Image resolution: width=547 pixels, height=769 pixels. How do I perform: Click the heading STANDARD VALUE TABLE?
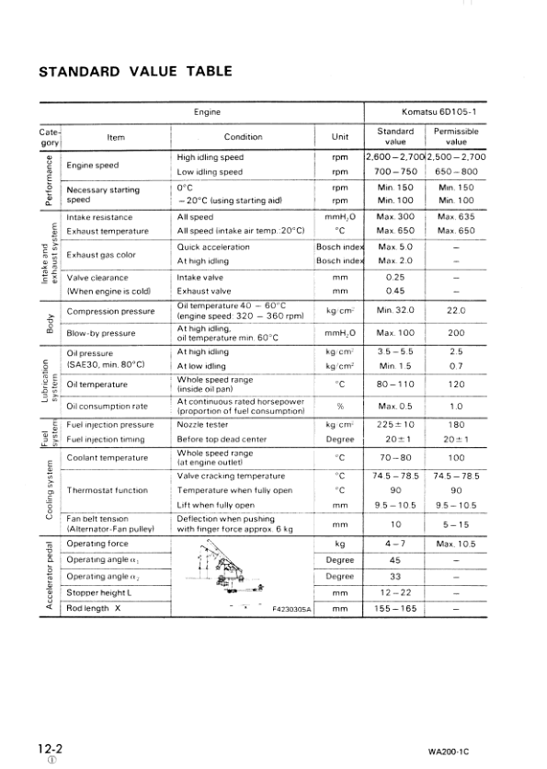point(134,71)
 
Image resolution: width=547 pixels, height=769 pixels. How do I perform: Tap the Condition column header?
point(243,137)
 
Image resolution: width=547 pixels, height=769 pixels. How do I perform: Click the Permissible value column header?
point(456,137)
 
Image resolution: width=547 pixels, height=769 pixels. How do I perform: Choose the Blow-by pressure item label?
point(101,332)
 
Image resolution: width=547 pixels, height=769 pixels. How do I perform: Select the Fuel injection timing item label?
point(106,440)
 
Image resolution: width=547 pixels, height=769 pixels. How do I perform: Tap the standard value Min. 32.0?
point(396,311)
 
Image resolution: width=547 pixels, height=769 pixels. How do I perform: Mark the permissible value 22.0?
point(456,311)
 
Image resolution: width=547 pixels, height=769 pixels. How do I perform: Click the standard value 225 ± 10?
point(396,426)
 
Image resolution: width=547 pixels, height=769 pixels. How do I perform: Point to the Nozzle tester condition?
point(206,426)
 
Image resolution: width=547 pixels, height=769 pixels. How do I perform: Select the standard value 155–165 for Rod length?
point(396,608)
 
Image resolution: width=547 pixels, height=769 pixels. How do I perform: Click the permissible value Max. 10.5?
point(456,545)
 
